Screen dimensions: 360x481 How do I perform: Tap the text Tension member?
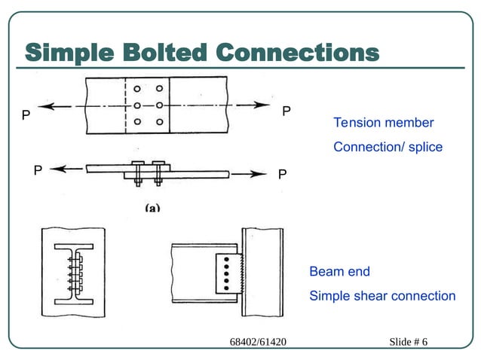point(383,123)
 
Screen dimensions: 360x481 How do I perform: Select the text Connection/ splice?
point(388,147)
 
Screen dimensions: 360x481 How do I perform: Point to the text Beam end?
point(339,272)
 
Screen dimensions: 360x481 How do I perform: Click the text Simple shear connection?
point(382,296)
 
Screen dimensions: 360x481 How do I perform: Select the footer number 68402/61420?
point(258,343)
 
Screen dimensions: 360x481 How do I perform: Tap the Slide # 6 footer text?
point(408,343)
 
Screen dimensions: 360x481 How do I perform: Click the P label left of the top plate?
point(26,116)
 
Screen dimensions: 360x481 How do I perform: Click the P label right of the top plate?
point(286,111)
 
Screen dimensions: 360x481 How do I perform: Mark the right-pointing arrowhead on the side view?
point(260,174)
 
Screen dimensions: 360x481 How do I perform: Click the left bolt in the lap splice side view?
point(138,172)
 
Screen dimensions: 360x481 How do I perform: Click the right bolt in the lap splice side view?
point(158,172)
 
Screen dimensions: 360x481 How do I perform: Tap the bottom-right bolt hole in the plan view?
point(159,121)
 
